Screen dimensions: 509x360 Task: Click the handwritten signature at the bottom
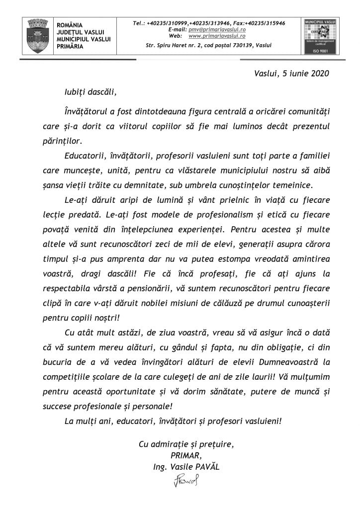click(x=186, y=481)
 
